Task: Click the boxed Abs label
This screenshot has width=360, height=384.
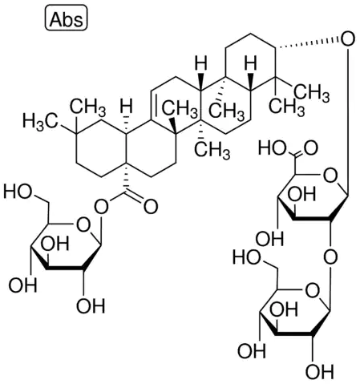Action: [66, 18]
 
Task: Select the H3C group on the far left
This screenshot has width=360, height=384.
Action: [40, 122]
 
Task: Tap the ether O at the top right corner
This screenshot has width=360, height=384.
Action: [347, 40]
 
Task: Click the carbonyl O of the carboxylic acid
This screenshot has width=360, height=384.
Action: [310, 148]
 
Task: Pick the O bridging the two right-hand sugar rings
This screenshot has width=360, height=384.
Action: [330, 257]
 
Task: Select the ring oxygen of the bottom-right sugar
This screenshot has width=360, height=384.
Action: [312, 290]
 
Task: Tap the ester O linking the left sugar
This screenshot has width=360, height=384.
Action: [102, 207]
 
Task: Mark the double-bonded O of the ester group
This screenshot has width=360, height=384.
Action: [151, 207]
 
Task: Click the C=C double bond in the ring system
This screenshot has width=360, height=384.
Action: [153, 105]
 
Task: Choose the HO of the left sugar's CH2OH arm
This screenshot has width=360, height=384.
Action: [18, 192]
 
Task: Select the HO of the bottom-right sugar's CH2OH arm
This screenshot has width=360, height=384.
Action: [247, 257]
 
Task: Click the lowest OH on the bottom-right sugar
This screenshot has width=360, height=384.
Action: [319, 371]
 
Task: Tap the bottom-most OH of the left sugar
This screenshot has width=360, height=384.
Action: [91, 306]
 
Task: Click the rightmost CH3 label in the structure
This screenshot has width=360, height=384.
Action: [311, 94]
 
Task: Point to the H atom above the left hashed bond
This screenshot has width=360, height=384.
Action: [126, 107]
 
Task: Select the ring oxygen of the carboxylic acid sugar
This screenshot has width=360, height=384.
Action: [330, 176]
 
